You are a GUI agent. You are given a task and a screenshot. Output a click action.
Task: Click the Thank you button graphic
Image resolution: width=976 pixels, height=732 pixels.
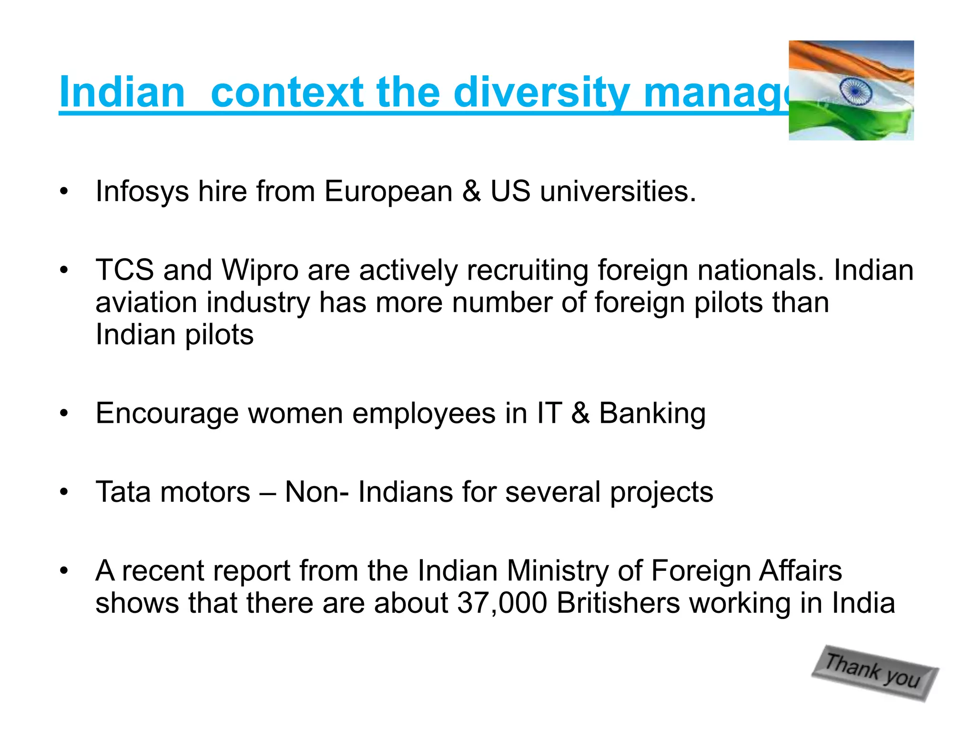pyautogui.click(x=875, y=672)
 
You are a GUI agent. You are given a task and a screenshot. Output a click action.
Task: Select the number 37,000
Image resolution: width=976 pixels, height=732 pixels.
pyautogui.click(x=502, y=603)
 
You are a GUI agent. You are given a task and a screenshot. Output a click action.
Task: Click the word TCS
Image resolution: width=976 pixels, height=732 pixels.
pyautogui.click(x=125, y=270)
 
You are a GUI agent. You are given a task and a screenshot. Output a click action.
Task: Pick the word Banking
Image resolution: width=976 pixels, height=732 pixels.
pyautogui.click(x=652, y=413)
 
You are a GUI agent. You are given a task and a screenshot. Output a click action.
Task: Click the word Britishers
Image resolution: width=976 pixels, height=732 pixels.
pyautogui.click(x=618, y=603)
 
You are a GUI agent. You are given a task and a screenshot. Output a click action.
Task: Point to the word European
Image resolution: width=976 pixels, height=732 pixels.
pyautogui.click(x=388, y=192)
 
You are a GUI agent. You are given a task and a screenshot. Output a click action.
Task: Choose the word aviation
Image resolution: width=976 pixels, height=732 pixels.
pyautogui.click(x=146, y=303)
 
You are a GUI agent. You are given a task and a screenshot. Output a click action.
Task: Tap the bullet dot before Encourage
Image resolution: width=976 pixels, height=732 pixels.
pyautogui.click(x=64, y=414)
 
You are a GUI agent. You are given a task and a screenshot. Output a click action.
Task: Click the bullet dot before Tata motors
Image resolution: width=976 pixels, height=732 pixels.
pyautogui.click(x=64, y=492)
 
